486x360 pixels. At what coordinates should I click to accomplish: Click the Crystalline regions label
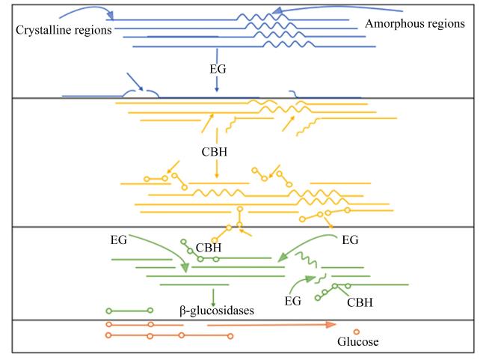64,30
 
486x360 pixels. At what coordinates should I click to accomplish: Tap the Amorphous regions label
415,24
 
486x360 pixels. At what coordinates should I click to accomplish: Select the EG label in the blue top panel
218,69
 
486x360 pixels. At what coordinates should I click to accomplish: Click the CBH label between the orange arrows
214,152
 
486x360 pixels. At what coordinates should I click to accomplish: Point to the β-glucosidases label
217,311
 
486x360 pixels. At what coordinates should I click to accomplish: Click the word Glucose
357,341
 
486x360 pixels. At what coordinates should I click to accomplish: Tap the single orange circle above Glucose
357,332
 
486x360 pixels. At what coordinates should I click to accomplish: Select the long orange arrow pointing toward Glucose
271,325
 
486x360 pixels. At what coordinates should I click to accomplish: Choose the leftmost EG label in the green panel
119,240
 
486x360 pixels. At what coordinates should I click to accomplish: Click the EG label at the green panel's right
350,240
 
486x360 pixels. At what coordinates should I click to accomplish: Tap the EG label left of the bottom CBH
293,301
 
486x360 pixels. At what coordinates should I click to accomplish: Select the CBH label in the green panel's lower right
360,302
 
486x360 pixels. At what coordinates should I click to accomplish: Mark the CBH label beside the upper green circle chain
209,248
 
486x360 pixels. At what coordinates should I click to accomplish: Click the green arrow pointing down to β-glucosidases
213,298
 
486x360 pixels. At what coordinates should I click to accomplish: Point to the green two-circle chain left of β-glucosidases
129,311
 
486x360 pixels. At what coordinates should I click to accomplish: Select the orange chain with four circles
169,335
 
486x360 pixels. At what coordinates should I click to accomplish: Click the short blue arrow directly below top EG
217,84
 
